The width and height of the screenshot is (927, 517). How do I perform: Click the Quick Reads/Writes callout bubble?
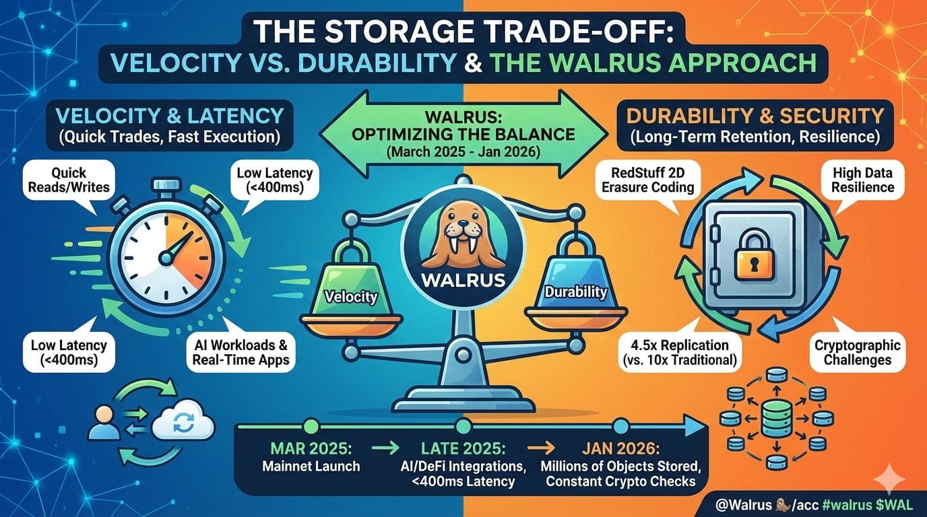point(69,180)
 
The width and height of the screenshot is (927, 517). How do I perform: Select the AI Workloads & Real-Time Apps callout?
point(241,352)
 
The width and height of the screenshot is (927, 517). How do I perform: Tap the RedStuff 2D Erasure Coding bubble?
point(647,180)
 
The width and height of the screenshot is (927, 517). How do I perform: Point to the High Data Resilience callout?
point(863,180)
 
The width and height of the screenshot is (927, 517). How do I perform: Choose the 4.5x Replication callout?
point(680,352)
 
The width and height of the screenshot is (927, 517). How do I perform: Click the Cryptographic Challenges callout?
point(858,352)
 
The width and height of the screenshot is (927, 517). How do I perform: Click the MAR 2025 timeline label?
point(311,448)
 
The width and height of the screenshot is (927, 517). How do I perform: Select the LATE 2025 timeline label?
point(463,448)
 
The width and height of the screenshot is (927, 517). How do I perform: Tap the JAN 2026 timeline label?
point(620,448)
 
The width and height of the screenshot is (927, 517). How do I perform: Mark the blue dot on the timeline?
point(621,426)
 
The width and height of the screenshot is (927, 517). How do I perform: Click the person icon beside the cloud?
point(104,422)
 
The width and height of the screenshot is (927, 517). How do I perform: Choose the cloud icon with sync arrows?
point(183,421)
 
